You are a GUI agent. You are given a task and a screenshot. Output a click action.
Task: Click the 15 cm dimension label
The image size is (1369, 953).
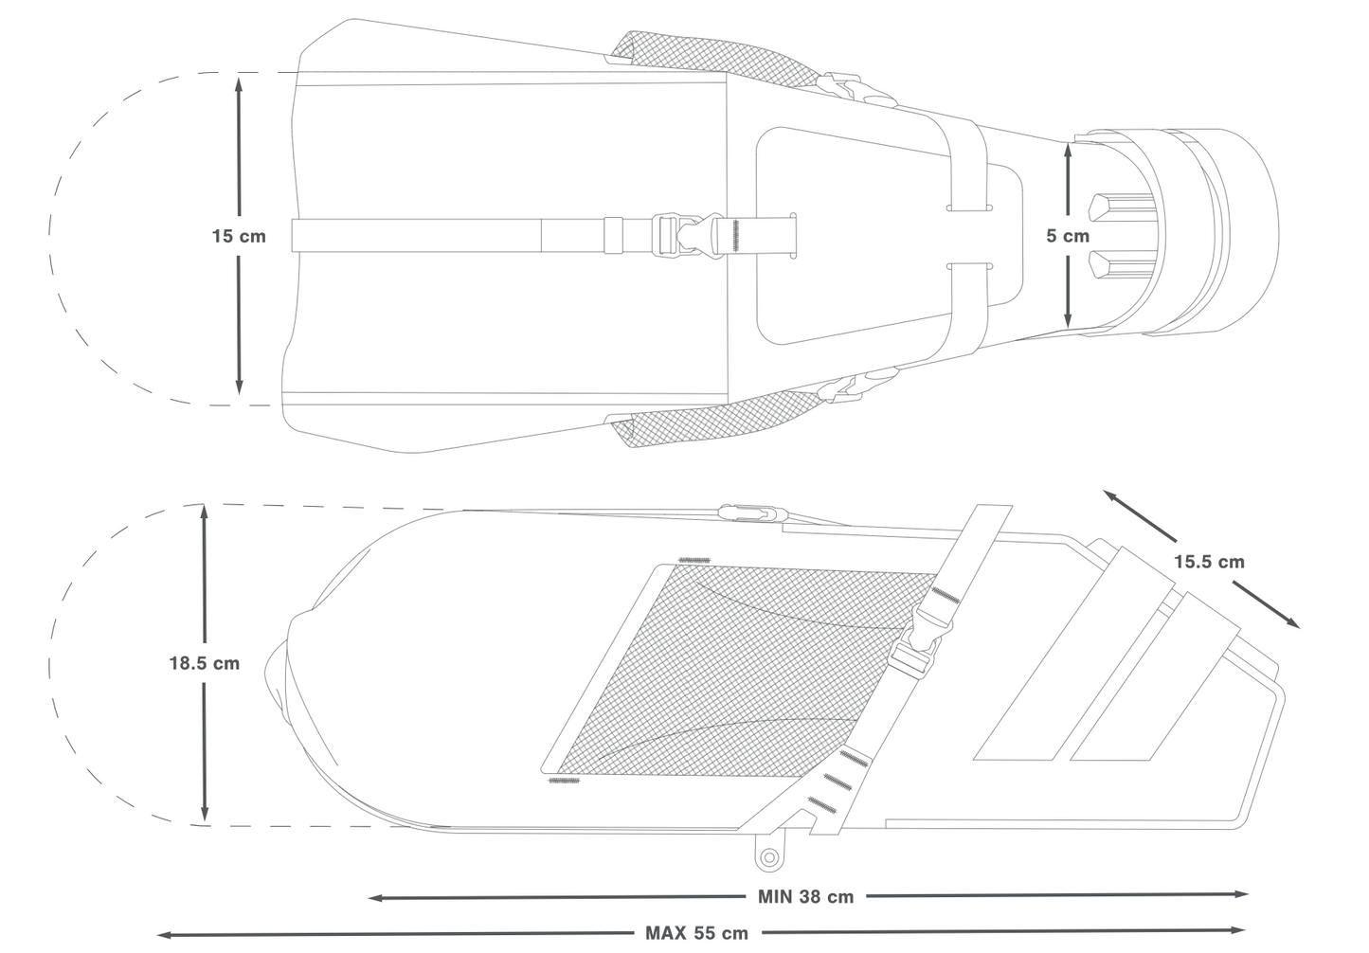(x=239, y=236)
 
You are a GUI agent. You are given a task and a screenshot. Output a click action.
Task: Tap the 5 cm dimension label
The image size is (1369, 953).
(x=1068, y=236)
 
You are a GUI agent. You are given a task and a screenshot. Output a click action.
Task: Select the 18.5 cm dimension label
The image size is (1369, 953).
(x=204, y=663)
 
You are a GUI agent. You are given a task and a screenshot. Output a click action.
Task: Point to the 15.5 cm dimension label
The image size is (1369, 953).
(x=1209, y=562)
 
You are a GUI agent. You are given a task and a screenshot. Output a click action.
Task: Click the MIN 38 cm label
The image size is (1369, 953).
(x=805, y=897)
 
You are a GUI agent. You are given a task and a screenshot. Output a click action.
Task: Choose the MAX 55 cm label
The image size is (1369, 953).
(x=696, y=933)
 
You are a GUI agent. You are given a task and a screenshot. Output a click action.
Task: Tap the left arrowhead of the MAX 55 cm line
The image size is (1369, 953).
(x=162, y=935)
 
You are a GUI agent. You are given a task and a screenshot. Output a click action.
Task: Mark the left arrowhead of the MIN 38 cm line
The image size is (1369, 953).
(x=374, y=898)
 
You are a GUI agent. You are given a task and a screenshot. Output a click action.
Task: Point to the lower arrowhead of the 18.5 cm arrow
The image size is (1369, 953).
(x=204, y=816)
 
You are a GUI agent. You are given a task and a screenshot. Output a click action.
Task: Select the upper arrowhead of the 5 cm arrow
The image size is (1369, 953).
(x=1068, y=149)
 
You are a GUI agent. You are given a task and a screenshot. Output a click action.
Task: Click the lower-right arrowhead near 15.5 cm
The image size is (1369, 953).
(x=1292, y=623)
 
